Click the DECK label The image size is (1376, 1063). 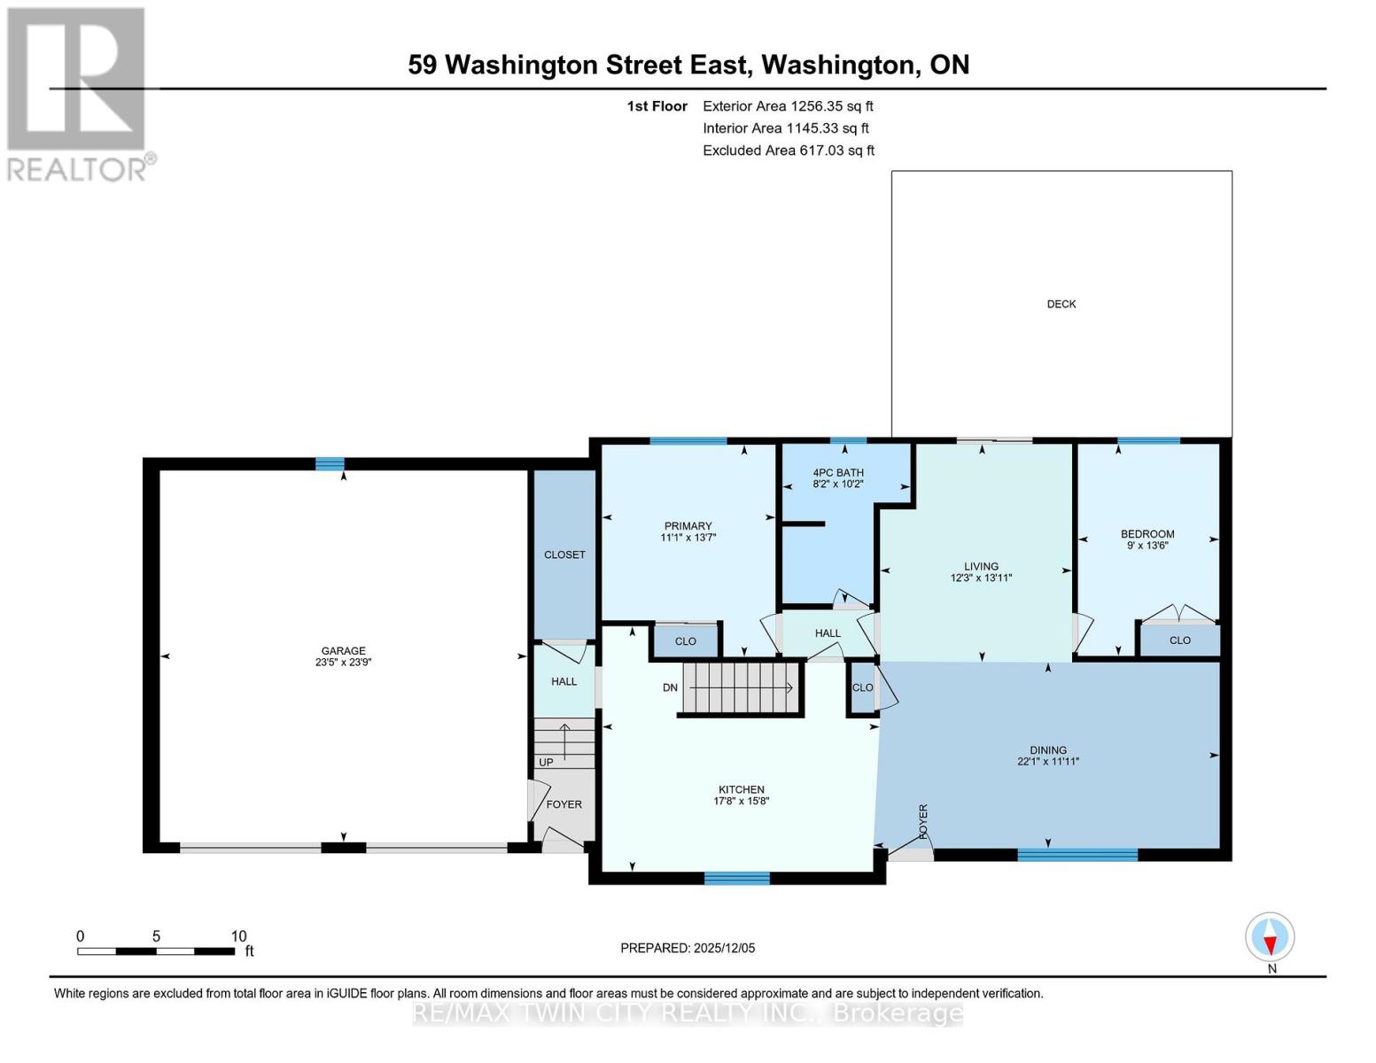(x=1061, y=304)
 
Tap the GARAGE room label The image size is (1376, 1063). (x=343, y=650)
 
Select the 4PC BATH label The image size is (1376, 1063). (x=837, y=472)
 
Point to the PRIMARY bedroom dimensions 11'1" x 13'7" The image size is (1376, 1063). (x=688, y=538)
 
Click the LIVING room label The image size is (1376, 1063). (x=981, y=566)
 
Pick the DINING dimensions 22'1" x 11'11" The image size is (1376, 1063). (x=1048, y=761)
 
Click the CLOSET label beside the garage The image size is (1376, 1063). (x=564, y=555)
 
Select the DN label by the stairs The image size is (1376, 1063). (x=670, y=687)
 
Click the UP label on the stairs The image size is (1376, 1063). (x=546, y=762)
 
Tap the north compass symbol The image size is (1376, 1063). (x=1270, y=936)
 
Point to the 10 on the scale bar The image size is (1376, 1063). (x=238, y=936)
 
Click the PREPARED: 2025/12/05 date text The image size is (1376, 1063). (x=688, y=948)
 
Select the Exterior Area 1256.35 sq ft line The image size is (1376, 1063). (x=788, y=106)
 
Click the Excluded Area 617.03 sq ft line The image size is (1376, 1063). (x=789, y=151)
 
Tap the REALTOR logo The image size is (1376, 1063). (x=78, y=93)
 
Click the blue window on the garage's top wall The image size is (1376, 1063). (x=330, y=463)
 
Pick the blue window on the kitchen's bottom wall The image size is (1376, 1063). (x=737, y=878)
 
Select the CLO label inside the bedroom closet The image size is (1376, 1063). (x=1179, y=640)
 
